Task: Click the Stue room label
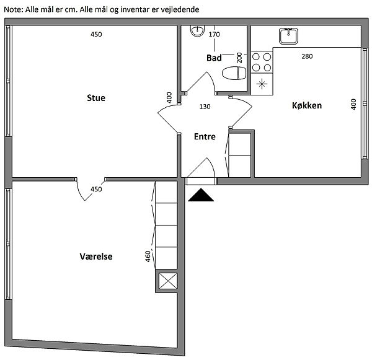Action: coord(96,98)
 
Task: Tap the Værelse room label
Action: coord(96,257)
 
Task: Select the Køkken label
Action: coord(307,105)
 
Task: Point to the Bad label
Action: coord(214,58)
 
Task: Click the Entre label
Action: coord(205,136)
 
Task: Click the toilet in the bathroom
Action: coord(234,73)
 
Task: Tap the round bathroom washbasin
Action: coord(197,31)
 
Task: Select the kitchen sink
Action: coord(288,36)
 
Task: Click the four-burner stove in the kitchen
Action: coord(262,62)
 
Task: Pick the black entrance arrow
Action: coord(201,195)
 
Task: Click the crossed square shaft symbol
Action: coord(168,281)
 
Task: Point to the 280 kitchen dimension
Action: coord(307,56)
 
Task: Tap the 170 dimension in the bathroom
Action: coord(215,34)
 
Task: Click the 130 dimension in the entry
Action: coord(205,107)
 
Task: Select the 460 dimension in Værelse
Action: coord(148,257)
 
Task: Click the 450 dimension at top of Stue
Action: coord(96,34)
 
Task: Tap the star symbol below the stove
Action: coord(262,84)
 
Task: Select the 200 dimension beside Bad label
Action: coord(239,58)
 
